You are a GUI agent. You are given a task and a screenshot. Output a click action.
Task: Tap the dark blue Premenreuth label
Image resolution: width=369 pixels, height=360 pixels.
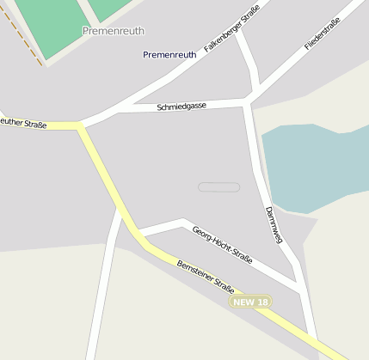tap(169, 55)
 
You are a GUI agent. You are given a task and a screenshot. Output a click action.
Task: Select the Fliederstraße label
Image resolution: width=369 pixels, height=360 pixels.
tap(323, 34)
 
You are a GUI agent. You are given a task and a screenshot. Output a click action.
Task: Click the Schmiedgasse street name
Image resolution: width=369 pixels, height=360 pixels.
tap(181, 107)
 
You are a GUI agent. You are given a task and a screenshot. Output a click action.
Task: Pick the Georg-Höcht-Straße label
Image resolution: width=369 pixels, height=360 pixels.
tap(222, 245)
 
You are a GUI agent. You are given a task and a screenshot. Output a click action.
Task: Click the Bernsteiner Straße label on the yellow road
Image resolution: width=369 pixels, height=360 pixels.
tap(206, 275)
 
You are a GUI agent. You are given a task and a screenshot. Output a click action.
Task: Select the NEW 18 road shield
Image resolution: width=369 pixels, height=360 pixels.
tap(251, 302)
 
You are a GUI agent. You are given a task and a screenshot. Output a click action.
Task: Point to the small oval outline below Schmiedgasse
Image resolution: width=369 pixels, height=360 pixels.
tap(218, 186)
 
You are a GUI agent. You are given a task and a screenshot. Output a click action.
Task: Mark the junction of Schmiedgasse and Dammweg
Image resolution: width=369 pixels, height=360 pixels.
tap(248, 103)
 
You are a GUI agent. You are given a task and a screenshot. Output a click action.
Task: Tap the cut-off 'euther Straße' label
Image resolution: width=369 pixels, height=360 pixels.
tap(23, 124)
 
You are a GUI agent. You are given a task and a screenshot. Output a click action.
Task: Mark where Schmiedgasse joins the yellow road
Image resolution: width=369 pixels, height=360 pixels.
tap(82, 126)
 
